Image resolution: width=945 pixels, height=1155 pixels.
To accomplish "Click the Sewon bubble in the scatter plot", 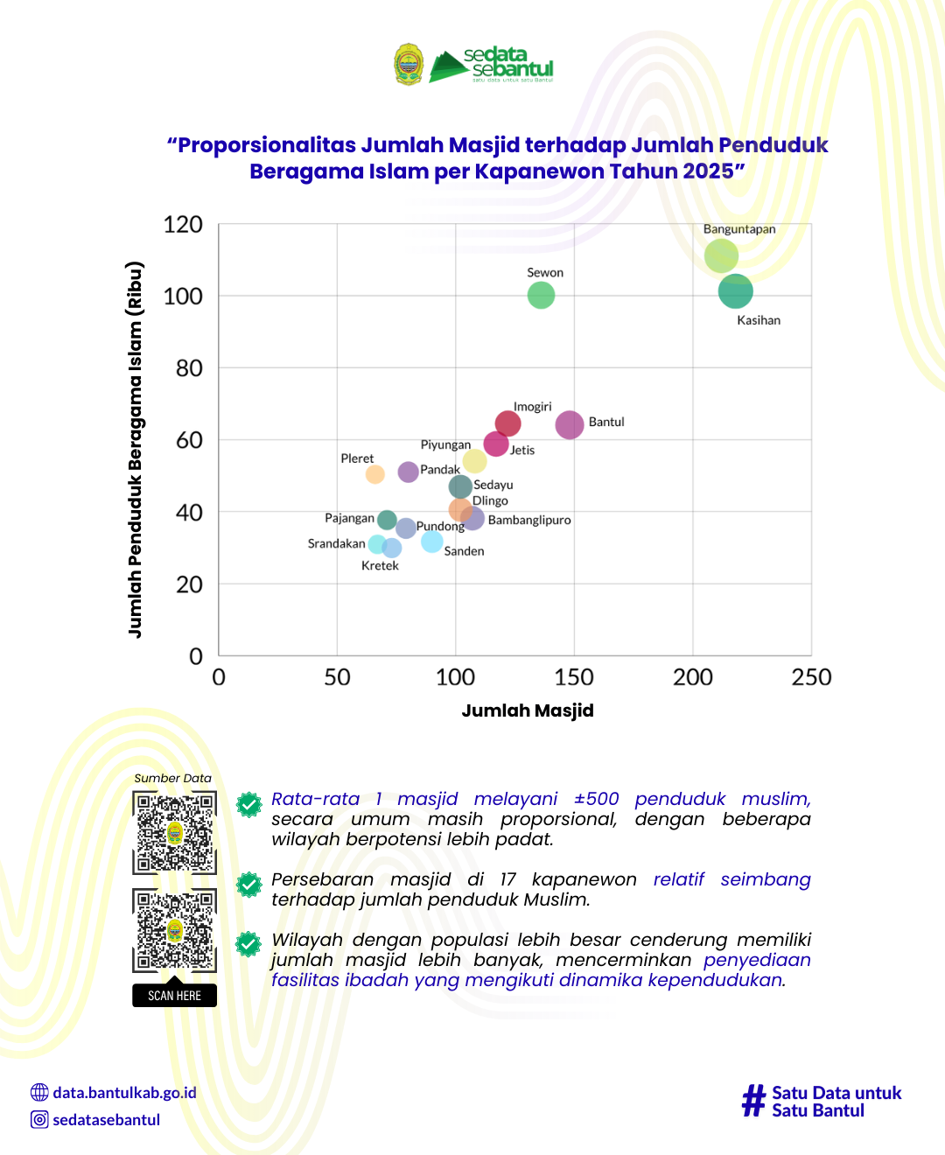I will coord(541,296).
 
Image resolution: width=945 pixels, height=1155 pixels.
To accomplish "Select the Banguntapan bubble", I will coord(721,255).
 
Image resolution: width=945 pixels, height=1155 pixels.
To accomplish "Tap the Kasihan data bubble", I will coord(735,291).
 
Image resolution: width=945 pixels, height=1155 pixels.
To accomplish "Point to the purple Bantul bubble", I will coord(570,424).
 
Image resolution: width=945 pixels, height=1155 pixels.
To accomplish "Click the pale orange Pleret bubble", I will coord(375,474).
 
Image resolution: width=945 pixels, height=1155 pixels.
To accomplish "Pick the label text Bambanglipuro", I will coord(529,520).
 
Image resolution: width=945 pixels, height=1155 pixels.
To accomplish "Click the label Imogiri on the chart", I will coord(532,407).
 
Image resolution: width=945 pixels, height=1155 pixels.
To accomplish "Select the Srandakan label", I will coord(336,543).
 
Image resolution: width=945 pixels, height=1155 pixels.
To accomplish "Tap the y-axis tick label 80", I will coord(189,368).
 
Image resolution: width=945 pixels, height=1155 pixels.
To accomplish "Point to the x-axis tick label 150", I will coord(574,677).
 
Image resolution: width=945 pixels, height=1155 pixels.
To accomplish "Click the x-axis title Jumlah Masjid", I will coord(528,710).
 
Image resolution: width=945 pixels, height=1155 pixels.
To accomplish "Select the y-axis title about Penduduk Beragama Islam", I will coord(135,449).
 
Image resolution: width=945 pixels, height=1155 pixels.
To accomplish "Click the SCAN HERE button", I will coord(174,996).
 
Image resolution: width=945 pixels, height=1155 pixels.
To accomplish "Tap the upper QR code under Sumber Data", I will coord(174,832).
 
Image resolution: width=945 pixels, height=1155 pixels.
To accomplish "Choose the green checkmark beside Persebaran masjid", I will coord(249,885).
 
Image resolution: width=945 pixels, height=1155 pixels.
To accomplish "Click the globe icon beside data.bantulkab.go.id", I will coord(39,1092).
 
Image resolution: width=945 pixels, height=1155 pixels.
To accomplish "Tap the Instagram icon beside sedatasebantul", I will coord(39,1119).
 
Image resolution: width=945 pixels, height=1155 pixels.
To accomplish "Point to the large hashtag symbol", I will coord(753,1101).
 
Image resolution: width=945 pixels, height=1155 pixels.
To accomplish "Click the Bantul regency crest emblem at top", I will coord(409,64).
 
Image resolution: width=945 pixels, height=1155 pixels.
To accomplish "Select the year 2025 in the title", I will coord(708,171).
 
